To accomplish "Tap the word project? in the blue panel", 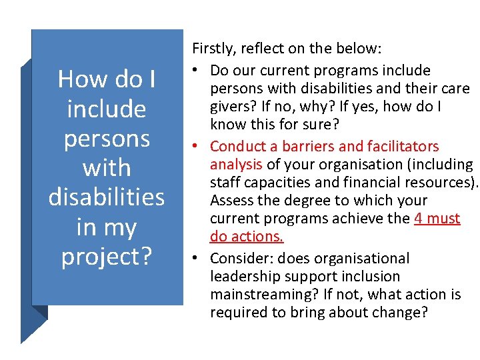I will click(x=107, y=257).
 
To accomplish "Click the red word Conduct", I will click(x=238, y=146).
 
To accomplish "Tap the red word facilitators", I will click(x=397, y=146).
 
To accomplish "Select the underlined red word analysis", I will click(x=237, y=164).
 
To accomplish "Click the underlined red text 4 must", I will click(x=437, y=218).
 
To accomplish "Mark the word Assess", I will click(x=231, y=200).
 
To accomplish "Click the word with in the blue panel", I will click(x=107, y=168).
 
